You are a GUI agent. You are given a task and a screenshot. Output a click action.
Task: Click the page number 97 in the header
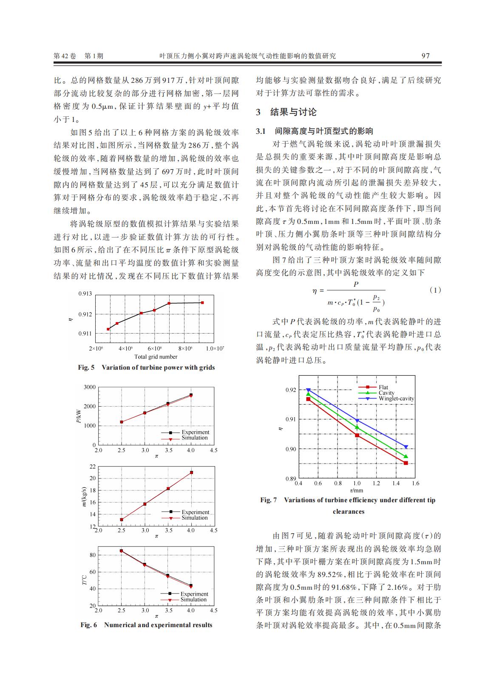coord(425,56)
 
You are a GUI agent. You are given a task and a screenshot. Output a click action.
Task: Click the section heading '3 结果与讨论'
coord(286,112)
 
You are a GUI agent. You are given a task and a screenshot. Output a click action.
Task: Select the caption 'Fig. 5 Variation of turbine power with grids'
coord(146,368)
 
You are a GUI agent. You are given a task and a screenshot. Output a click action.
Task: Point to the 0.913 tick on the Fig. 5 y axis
coord(85,294)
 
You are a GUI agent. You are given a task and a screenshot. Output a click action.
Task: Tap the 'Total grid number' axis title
coord(156,356)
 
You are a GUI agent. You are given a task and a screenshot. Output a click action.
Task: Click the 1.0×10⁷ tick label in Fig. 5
coord(215,348)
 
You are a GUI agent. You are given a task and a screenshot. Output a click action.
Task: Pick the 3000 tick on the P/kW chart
coord(90,387)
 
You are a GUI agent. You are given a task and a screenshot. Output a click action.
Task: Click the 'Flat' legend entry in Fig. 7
coord(383,387)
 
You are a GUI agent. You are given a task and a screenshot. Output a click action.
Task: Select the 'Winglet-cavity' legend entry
coord(396,399)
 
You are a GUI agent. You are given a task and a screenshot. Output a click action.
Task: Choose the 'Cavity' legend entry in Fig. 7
coord(386,393)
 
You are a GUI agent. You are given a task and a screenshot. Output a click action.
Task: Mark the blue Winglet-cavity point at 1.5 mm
coord(406,447)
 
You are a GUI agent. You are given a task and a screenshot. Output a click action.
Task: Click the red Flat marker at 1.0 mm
coord(357,435)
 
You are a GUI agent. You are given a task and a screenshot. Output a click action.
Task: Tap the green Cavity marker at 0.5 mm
coord(308,394)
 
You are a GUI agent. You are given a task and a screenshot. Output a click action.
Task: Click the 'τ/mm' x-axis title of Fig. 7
coord(357,490)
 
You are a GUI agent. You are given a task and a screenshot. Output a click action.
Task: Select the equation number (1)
coord(435,290)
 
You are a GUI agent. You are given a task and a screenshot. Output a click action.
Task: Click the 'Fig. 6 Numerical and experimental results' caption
coord(146,625)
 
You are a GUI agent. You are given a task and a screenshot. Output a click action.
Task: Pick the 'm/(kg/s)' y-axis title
coord(84,497)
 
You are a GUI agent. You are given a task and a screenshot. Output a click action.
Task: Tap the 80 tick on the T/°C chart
coord(92,555)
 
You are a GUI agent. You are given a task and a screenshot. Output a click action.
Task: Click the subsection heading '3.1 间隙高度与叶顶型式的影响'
coord(315,131)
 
